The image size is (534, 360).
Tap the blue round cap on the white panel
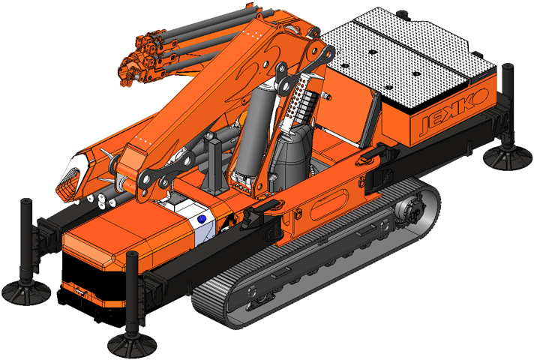(x=202, y=219)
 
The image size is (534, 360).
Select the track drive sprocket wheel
(x=411, y=210)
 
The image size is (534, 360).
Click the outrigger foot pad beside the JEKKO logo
(x=507, y=158)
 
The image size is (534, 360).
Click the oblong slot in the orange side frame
(x=329, y=205)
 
